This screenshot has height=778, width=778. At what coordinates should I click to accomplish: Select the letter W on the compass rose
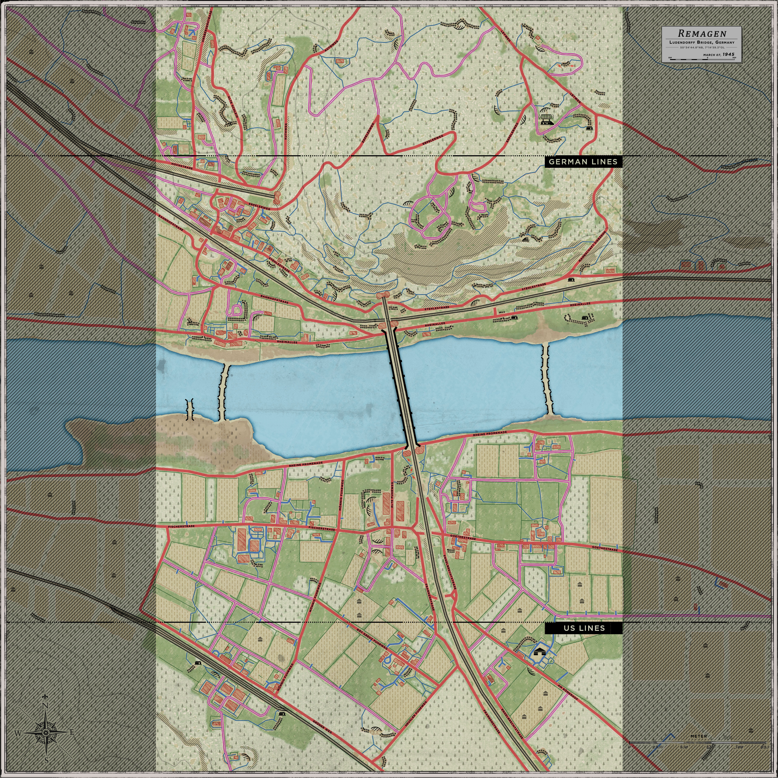coord(18,733)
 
